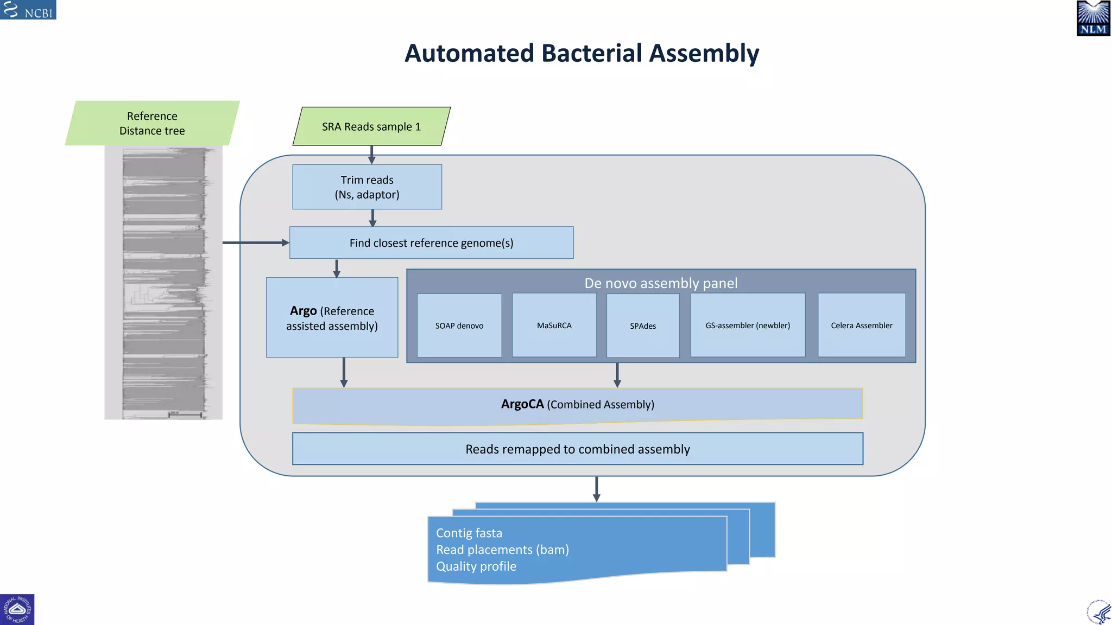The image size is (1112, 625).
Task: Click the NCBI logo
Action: tap(28, 10)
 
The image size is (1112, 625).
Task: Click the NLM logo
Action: tap(1093, 18)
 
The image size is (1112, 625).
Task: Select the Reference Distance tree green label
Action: tap(152, 123)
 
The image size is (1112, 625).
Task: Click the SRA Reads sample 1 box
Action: tap(371, 126)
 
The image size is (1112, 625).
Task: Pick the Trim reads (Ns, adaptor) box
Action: tap(367, 187)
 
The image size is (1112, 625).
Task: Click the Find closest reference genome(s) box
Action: tap(431, 243)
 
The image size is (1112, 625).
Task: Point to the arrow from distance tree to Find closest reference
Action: tap(255, 243)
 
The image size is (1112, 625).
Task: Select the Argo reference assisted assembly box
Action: tap(332, 318)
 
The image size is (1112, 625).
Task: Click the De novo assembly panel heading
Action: tap(661, 283)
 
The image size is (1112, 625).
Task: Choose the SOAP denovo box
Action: tap(459, 326)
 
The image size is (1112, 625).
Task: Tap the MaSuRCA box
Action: tap(554, 326)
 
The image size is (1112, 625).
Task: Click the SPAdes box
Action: tap(643, 326)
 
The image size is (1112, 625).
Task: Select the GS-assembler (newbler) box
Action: tap(748, 326)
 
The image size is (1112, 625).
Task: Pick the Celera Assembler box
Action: tap(862, 326)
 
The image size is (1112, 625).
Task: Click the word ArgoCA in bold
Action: tap(522, 404)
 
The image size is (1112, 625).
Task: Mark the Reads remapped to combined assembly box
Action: tap(578, 449)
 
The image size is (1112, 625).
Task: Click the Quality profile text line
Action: tap(476, 566)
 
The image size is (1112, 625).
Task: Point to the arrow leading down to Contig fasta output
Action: tap(596, 489)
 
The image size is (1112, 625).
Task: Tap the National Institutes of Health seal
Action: tap(17, 609)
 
